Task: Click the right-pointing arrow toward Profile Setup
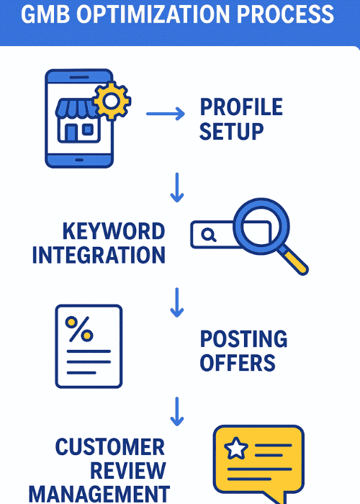165,113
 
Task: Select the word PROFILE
241,108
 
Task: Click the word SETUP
231,132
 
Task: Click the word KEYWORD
114,232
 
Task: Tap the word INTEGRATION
99,255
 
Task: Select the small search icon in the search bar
209,234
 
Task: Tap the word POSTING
243,339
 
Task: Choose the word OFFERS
238,362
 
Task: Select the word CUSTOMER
109,447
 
